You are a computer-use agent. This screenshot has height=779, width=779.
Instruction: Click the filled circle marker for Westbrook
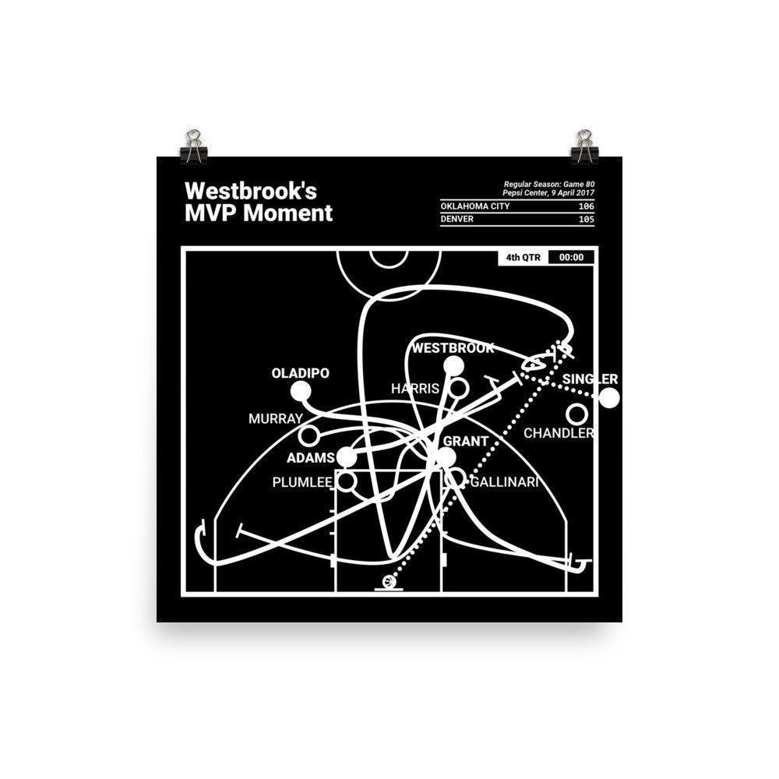[453, 367]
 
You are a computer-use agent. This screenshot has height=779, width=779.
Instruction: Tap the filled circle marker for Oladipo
[301, 392]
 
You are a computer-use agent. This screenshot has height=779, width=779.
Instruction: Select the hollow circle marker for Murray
[308, 436]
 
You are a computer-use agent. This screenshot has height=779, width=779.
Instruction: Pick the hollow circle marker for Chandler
[576, 414]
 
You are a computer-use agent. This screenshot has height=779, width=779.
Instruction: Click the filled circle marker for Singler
[609, 398]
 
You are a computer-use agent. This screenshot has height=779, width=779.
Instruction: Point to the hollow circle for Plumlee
[347, 481]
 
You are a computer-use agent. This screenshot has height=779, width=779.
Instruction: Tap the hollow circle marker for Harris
[458, 388]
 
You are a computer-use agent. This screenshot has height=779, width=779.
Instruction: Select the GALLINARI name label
[504, 482]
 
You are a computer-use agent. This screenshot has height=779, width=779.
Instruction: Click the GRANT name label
[466, 441]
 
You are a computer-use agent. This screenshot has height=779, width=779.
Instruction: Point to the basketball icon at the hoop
[389, 581]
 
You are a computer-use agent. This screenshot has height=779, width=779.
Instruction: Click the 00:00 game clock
[571, 257]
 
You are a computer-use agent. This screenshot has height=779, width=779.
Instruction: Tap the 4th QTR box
[523, 257]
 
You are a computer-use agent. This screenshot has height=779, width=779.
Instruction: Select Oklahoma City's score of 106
[587, 206]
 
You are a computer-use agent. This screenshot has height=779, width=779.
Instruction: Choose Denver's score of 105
[587, 219]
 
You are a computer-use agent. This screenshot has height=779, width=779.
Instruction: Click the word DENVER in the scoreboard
[457, 219]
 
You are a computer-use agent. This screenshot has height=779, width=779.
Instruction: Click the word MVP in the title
[211, 213]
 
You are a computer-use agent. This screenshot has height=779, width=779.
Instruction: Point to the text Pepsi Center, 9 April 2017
[548, 192]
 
